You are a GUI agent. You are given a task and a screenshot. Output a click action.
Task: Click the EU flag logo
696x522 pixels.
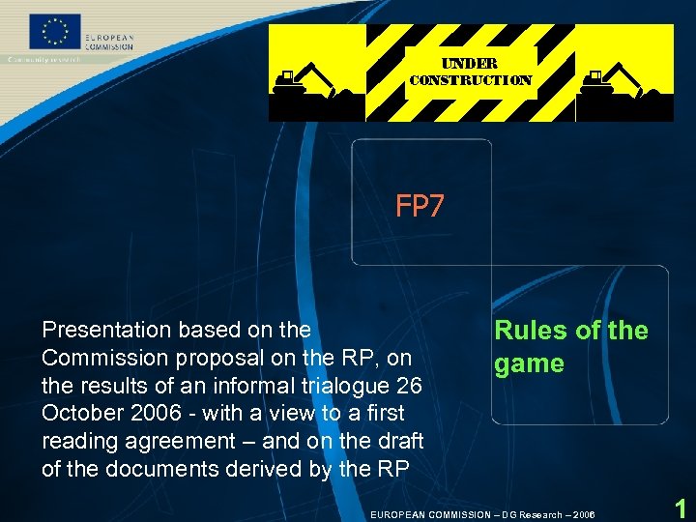(x=57, y=33)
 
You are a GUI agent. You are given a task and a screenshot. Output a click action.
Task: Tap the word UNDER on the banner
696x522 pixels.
(x=470, y=63)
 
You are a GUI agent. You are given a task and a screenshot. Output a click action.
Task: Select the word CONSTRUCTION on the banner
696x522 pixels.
(x=470, y=80)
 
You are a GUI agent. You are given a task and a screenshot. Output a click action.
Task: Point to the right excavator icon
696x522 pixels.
(x=613, y=81)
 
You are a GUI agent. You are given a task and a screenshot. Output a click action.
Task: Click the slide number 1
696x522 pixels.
(x=681, y=508)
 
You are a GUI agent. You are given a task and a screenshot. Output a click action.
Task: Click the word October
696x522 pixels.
(x=80, y=413)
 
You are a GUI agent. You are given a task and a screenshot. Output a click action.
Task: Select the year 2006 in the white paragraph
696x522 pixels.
(x=155, y=413)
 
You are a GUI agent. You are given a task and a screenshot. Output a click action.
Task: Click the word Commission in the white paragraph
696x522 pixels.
(x=101, y=358)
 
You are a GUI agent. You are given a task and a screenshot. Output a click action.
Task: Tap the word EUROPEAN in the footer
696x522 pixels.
(x=399, y=514)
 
